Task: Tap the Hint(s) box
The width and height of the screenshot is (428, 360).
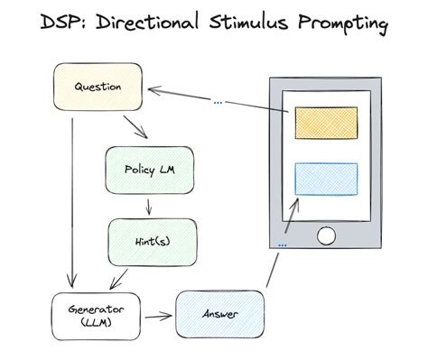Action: (151, 241)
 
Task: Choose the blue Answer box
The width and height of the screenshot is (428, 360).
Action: (219, 313)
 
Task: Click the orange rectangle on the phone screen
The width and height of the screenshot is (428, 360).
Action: (325, 122)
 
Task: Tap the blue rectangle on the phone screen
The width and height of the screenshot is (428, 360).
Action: (325, 179)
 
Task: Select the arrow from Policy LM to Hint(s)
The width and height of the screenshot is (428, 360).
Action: (149, 207)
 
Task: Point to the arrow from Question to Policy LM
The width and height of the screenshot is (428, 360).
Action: (135, 127)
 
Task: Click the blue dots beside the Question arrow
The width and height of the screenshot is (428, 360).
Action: (218, 102)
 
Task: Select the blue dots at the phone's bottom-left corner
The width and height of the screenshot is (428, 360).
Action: (283, 245)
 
